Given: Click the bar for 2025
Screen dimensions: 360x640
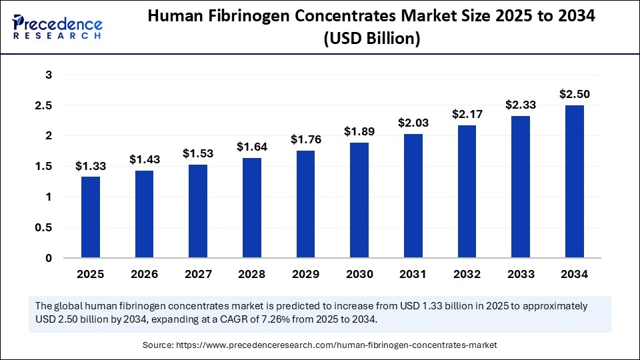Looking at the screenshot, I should [x=91, y=217].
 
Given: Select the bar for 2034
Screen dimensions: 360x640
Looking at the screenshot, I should [x=574, y=181].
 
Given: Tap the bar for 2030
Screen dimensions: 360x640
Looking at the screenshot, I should [x=359, y=200].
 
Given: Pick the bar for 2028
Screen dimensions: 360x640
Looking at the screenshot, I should [x=252, y=207].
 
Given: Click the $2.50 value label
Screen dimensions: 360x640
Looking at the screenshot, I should [x=574, y=94].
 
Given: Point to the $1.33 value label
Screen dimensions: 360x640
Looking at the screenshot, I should [x=91, y=165].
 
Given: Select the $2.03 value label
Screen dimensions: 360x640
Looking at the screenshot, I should [x=413, y=123].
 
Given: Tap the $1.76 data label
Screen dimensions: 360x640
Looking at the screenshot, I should [x=305, y=139].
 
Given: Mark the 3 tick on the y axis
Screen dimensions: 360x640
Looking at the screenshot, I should [x=48, y=75].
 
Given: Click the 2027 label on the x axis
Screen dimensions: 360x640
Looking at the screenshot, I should [x=198, y=274].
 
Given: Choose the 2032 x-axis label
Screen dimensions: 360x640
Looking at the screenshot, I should [x=467, y=274].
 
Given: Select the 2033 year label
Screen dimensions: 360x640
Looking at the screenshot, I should [x=520, y=274].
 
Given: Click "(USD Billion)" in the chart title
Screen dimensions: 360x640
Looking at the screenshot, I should [x=371, y=39].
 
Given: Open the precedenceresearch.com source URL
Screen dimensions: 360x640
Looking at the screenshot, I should [x=337, y=345].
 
